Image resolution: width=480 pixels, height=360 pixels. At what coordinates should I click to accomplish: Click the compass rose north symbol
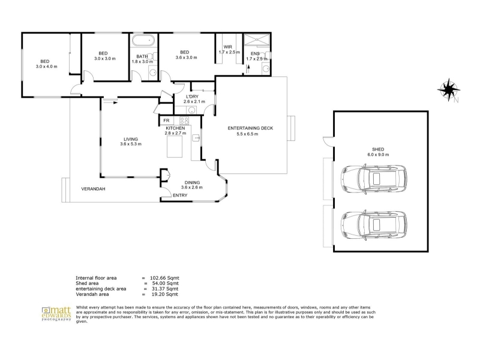pyautogui.click(x=448, y=89)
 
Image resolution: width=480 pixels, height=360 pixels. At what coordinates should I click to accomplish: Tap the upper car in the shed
pyautogui.click(x=374, y=179)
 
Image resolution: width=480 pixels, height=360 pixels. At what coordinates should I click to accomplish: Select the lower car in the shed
pyautogui.click(x=374, y=226)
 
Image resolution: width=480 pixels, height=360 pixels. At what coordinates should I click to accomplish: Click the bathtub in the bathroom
pyautogui.click(x=142, y=41)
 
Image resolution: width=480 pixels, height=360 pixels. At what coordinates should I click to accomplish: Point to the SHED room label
pyautogui.click(x=378, y=149)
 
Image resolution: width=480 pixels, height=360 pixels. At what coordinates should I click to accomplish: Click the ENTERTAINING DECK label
pyautogui.click(x=250, y=128)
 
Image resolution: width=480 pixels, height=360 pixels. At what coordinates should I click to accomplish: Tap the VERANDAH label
pyautogui.click(x=93, y=189)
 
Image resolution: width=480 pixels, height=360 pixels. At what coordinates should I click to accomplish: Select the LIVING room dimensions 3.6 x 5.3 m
pyautogui.click(x=131, y=144)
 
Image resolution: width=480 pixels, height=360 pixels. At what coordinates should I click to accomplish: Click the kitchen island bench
pyautogui.click(x=175, y=146)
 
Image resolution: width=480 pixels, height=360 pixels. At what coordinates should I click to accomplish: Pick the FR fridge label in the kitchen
pyautogui.click(x=166, y=121)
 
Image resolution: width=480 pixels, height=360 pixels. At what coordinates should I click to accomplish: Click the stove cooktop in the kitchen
pyautogui.click(x=184, y=121)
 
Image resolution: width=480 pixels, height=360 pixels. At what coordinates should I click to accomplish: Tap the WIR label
pyautogui.click(x=228, y=47)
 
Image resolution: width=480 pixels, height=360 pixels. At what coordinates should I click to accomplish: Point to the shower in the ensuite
pyautogui.click(x=257, y=40)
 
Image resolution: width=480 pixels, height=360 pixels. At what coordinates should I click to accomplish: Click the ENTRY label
pyautogui.click(x=180, y=196)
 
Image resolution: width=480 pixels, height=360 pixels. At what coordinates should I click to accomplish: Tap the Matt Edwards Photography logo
pyautogui.click(x=56, y=314)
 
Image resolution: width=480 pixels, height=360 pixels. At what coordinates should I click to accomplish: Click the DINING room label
pyautogui.click(x=192, y=183)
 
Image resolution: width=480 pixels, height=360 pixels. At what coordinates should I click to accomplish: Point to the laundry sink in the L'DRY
pyautogui.click(x=192, y=110)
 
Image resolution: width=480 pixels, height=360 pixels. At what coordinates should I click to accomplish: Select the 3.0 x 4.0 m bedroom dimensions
pyautogui.click(x=47, y=67)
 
